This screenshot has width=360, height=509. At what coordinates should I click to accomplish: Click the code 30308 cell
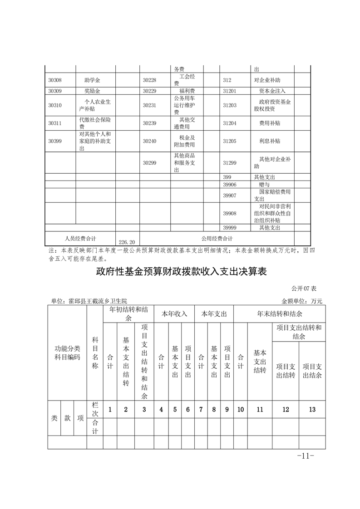click(x=55, y=80)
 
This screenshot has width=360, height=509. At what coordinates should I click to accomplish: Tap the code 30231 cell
click(x=149, y=105)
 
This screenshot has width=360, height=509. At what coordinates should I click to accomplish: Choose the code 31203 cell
click(x=230, y=105)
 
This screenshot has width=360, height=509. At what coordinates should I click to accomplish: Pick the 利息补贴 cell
click(x=269, y=141)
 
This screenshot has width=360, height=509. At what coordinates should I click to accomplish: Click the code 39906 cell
click(x=230, y=185)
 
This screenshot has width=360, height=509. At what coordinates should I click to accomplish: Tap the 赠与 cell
click(x=264, y=185)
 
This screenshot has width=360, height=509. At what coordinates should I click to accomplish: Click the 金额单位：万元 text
click(x=301, y=301)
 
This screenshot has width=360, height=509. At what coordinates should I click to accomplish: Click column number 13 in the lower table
click(x=312, y=409)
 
